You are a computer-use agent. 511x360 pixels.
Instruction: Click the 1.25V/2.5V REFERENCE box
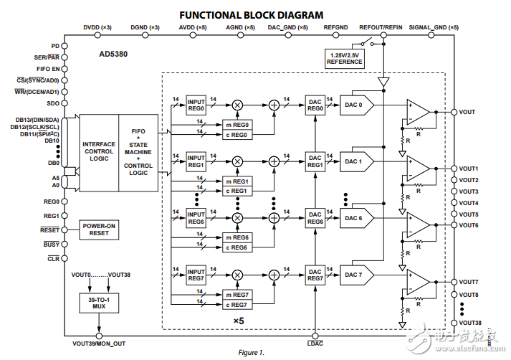(x=344, y=58)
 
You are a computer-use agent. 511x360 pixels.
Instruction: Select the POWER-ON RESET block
(x=100, y=229)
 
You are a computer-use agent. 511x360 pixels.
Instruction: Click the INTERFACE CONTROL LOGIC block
(x=99, y=143)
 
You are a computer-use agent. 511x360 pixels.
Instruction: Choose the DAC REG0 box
(x=315, y=105)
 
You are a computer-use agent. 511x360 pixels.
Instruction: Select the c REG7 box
(x=239, y=304)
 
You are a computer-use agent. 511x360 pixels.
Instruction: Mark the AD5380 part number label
(x=115, y=53)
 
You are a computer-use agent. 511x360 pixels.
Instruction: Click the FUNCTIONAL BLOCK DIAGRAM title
(x=251, y=14)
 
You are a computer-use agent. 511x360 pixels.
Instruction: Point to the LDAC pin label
(x=315, y=344)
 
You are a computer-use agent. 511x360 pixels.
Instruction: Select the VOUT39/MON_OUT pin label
(x=99, y=344)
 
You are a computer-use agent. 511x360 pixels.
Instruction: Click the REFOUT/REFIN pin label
(x=381, y=27)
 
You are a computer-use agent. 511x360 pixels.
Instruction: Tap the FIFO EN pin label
(x=47, y=68)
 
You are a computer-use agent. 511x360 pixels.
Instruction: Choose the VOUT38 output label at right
(x=469, y=323)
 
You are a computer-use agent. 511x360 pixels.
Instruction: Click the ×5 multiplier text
(x=239, y=321)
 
